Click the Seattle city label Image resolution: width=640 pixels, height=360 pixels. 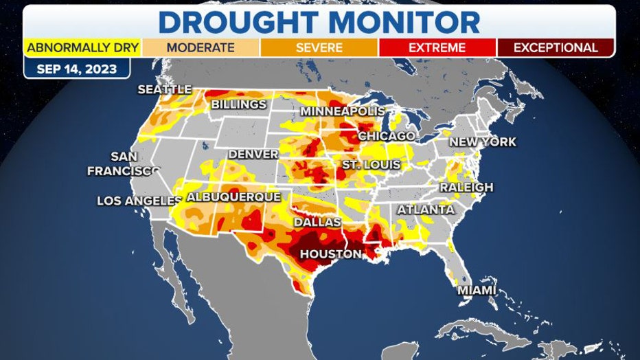(164, 89)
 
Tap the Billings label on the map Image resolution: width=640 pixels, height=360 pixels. (238, 104)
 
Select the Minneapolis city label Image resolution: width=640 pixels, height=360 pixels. (343, 111)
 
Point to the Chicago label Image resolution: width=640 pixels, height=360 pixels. (387, 136)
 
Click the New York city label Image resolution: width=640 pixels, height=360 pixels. (483, 142)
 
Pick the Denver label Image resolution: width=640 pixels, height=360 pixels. (253, 154)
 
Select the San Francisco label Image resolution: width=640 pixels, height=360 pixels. (123, 164)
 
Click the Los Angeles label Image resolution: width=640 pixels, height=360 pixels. (139, 201)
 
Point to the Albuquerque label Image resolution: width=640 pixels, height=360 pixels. (233, 196)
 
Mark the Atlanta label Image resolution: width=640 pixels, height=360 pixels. (426, 210)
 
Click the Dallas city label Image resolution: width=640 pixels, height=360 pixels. (317, 223)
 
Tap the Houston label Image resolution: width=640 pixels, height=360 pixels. (330, 254)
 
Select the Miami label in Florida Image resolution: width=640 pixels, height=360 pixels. (477, 290)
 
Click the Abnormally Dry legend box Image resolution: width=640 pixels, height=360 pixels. (82, 48)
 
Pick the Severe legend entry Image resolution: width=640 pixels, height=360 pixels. (319, 48)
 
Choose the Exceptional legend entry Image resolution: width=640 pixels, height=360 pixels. (555, 48)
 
